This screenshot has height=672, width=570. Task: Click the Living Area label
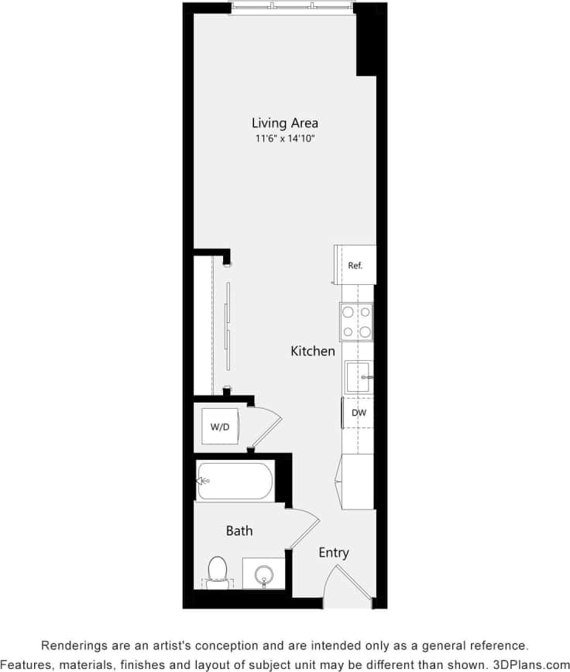click(x=284, y=122)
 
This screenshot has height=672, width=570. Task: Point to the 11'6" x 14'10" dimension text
click(x=284, y=139)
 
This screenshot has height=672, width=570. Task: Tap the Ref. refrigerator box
click(x=355, y=266)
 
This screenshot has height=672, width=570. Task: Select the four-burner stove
click(x=355, y=321)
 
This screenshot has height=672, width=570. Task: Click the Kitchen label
click(x=313, y=351)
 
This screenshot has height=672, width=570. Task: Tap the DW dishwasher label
click(x=359, y=413)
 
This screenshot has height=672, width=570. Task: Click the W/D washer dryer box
click(x=219, y=426)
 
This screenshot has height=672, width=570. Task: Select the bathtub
click(x=235, y=482)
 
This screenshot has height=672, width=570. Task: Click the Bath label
click(x=239, y=531)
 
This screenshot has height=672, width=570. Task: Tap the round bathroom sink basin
click(x=264, y=575)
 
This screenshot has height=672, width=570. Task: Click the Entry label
click(x=334, y=553)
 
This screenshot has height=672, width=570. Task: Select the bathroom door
click(x=303, y=530)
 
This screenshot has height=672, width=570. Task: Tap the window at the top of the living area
click(x=292, y=9)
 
